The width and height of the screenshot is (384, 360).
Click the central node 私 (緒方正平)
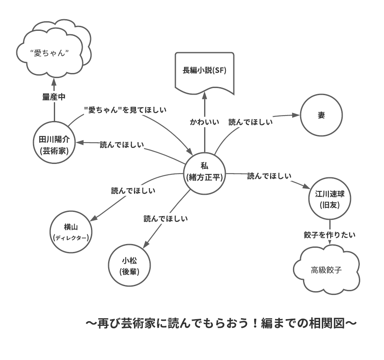coord(205,172)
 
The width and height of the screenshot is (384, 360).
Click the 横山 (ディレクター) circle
coord(71,232)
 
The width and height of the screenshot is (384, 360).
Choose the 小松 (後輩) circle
coord(129,266)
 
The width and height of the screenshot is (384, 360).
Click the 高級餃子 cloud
coord(326,270)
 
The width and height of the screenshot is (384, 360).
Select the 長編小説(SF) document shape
coord(205,71)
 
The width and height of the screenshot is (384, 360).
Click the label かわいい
coord(205,123)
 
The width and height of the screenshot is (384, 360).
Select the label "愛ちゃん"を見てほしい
coord(125,110)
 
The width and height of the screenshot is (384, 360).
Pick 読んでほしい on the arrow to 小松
coord(166,218)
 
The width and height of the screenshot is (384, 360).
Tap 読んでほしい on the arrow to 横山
coord(133,191)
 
